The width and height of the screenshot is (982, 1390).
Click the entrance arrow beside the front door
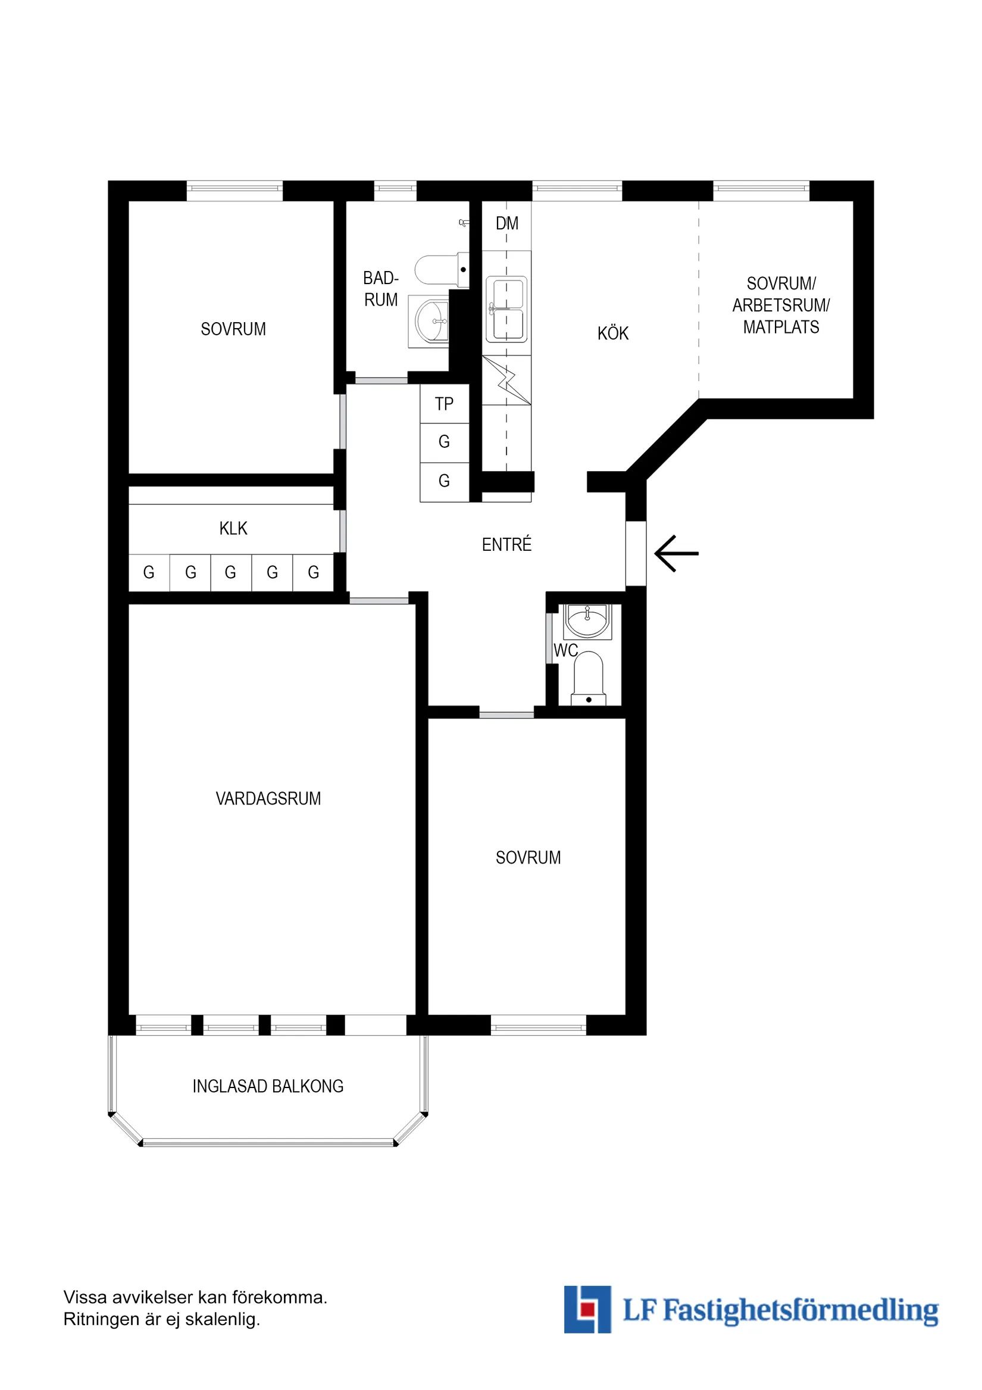coord(676,553)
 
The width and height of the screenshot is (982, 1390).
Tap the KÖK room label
coord(612,333)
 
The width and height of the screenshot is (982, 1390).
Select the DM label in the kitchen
coord(506,223)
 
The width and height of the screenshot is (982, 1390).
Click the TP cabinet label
coord(443,404)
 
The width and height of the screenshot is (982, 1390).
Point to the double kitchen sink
coord(506,308)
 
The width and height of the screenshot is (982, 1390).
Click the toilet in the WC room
coord(588,678)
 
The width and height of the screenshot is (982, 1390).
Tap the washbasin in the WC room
coord(587,621)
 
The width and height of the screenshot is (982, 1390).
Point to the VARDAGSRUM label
coord(268,799)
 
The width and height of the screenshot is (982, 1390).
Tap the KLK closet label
coord(233,528)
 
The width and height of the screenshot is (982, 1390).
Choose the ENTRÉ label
coord(506,544)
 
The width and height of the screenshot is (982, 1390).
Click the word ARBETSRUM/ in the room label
coord(780,305)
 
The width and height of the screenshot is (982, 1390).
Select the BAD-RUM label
coord(380,289)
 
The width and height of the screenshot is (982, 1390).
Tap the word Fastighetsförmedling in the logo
coord(800,1311)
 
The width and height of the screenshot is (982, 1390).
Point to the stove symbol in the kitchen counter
coord(506,380)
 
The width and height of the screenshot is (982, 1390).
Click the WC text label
coord(565,650)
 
